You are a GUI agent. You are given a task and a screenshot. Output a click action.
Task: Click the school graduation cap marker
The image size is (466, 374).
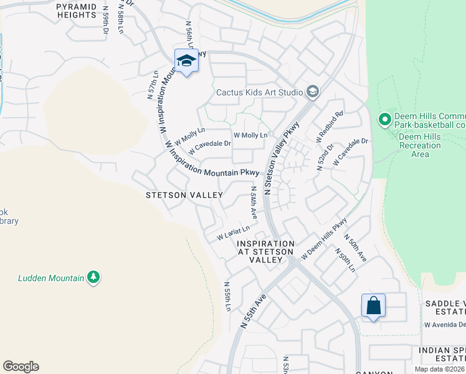point(186,60)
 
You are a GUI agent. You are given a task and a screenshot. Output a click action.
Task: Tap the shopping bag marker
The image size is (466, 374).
point(373,306)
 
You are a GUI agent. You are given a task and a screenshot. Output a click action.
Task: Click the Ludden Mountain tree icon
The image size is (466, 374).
point(93,277)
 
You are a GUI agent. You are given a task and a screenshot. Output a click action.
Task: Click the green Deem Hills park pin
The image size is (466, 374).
point(385,118)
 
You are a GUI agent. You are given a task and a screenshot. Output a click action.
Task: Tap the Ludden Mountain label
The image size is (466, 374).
point(52,278)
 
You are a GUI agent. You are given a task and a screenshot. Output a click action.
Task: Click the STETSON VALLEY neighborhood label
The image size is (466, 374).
point(184,195)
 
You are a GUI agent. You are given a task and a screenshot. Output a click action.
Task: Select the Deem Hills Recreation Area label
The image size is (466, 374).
point(421,145)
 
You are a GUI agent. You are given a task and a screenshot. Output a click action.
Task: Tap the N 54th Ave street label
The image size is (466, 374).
point(254,202)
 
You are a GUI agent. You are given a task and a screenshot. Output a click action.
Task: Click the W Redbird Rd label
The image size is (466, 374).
point(330,127)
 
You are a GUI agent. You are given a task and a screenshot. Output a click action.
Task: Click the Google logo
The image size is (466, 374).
point(21,367)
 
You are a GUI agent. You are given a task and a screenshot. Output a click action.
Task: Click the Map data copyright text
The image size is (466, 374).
point(440,369)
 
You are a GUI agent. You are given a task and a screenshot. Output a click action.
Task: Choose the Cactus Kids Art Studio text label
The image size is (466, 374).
point(259,93)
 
